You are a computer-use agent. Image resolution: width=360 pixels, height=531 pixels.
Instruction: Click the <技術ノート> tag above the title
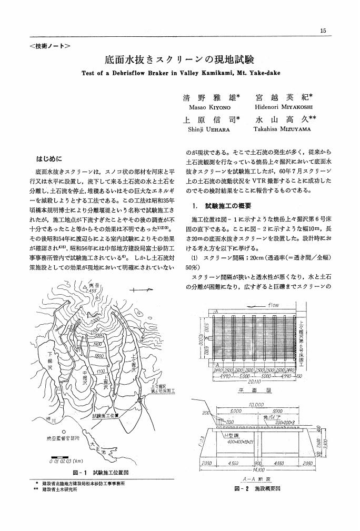(50, 46)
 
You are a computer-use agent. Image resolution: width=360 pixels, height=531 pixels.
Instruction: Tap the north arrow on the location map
(143, 289)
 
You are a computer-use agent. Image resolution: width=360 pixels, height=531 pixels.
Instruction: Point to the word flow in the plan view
(273, 305)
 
